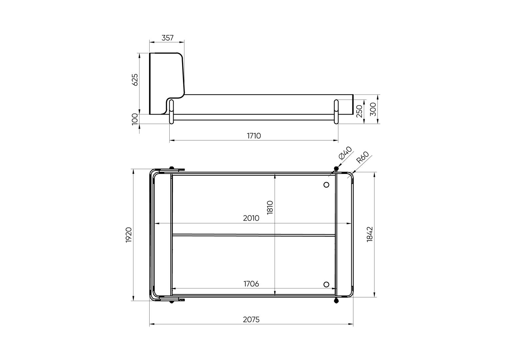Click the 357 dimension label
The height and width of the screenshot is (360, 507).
(167, 38)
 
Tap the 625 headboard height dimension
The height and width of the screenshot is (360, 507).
(135, 80)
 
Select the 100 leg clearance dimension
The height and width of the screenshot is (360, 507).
(135, 119)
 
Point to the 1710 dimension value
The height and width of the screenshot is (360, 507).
(254, 136)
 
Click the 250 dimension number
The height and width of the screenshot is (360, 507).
(359, 111)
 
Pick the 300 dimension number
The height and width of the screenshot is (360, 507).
(373, 109)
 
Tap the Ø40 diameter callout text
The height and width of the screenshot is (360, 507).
(345, 153)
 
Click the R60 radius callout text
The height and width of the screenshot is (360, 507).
(362, 157)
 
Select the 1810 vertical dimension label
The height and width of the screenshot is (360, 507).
(270, 207)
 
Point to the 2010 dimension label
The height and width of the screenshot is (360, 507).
(251, 218)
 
